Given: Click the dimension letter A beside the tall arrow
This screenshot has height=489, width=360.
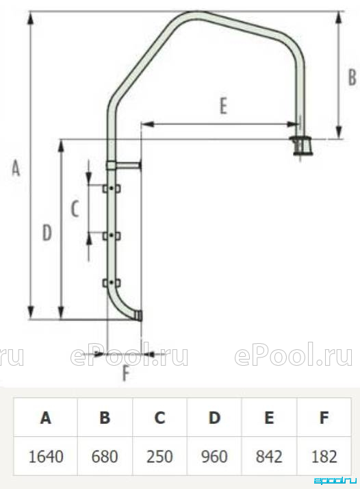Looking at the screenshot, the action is (x=16, y=168).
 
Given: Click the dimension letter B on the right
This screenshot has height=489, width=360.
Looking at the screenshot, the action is (x=352, y=77).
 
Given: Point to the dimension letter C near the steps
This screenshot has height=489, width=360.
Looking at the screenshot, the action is (x=75, y=209).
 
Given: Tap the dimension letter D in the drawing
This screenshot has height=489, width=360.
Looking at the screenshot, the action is (x=47, y=233).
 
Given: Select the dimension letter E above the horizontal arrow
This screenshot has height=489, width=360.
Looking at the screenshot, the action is (x=223, y=106).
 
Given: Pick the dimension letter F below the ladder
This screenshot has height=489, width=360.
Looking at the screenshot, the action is (x=126, y=373).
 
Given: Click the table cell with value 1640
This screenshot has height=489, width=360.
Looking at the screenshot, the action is (x=46, y=456).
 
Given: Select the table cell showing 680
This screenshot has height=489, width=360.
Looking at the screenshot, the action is (x=105, y=456).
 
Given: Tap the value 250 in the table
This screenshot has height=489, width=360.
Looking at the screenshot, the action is (x=159, y=456).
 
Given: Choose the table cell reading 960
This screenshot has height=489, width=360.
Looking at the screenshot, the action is (x=214, y=456).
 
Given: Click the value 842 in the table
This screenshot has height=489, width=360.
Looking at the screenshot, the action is (x=269, y=456).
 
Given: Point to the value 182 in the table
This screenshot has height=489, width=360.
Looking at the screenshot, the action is (x=324, y=456).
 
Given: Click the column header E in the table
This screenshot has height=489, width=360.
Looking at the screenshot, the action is (x=269, y=417).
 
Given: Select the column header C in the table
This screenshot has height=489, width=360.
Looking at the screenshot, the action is (x=159, y=417).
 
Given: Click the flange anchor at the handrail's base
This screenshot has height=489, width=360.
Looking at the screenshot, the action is (x=300, y=145).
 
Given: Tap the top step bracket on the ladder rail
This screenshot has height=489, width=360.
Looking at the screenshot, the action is (x=112, y=188).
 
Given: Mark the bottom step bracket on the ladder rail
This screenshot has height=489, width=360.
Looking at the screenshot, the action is (x=112, y=283).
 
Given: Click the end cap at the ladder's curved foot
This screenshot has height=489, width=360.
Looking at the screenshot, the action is (x=139, y=316).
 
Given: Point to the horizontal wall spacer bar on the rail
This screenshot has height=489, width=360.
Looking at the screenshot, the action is (x=124, y=165).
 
